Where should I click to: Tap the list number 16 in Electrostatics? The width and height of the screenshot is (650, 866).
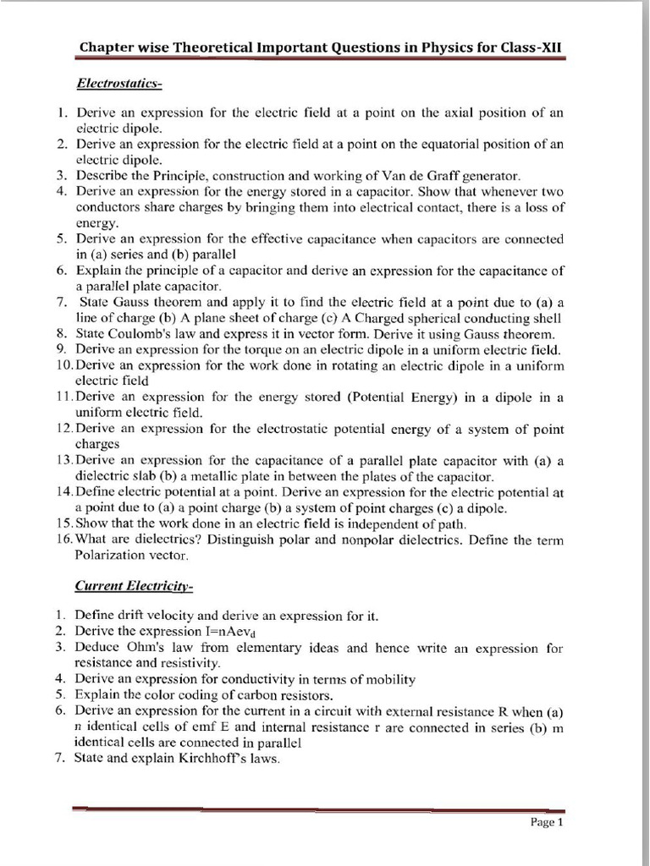[64, 540]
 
